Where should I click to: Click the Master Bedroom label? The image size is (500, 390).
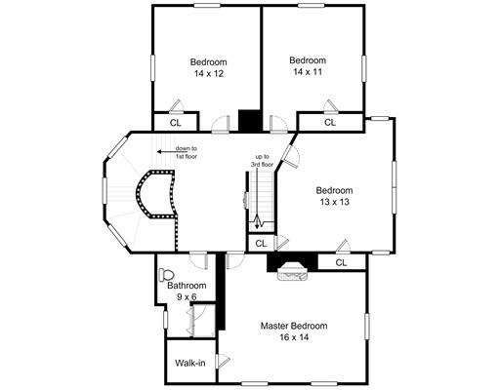(294, 326)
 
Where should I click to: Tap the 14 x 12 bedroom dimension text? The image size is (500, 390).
(209, 74)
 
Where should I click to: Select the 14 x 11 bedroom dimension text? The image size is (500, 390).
(308, 72)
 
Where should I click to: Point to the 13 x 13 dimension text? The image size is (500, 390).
(334, 202)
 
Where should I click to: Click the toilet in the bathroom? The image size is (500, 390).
(166, 275)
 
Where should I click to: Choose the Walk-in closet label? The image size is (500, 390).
(190, 363)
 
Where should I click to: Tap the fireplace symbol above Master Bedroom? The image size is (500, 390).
(292, 271)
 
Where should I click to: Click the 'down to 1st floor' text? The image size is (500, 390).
(187, 152)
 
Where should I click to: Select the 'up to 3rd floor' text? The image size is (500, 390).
(262, 161)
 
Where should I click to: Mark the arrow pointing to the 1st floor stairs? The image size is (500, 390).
(165, 151)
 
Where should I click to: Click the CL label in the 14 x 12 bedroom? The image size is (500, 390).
(176, 123)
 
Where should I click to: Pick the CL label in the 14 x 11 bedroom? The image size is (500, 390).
(330, 123)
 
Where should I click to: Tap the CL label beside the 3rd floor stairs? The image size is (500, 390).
(261, 244)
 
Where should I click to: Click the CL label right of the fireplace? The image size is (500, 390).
(341, 262)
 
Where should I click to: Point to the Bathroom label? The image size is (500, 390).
(187, 286)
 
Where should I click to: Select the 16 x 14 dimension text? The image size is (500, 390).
(294, 337)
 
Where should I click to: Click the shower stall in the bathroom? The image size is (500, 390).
(202, 321)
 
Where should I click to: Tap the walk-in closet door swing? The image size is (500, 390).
(224, 361)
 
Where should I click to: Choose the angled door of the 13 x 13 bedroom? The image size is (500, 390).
(290, 156)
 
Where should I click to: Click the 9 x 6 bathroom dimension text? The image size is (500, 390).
(187, 296)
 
